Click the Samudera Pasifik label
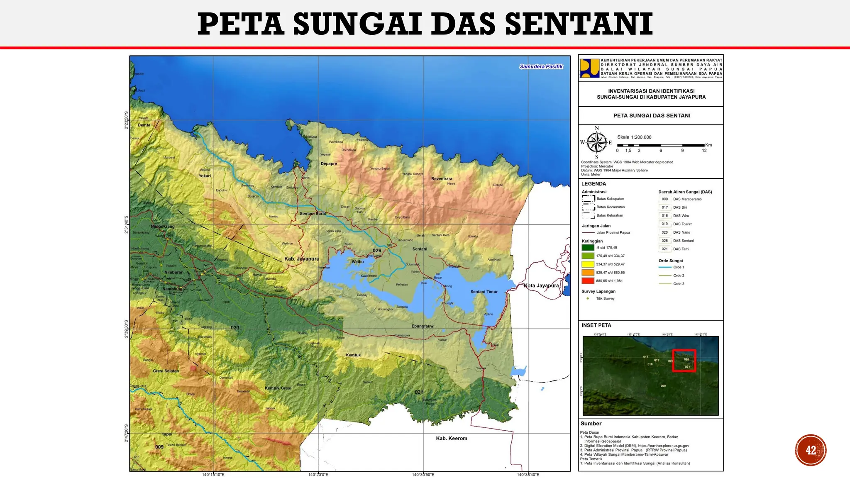tap(541, 66)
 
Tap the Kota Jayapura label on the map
tap(541, 285)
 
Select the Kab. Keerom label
tap(452, 438)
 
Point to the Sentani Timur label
tap(484, 292)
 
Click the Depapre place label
tap(329, 163)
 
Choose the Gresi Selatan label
tap(166, 371)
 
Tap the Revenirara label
tap(442, 179)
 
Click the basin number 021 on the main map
tap(419, 392)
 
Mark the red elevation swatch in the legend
tap(588, 281)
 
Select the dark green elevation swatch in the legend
tap(588, 248)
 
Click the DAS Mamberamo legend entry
tap(687, 199)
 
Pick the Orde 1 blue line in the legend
tap(665, 267)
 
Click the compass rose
tap(597, 142)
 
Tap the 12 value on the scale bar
tap(704, 151)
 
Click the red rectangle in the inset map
tap(684, 361)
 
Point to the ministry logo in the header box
tap(590, 68)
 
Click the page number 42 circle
tap(811, 450)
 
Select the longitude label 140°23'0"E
tap(318, 475)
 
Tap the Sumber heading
tap(591, 424)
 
